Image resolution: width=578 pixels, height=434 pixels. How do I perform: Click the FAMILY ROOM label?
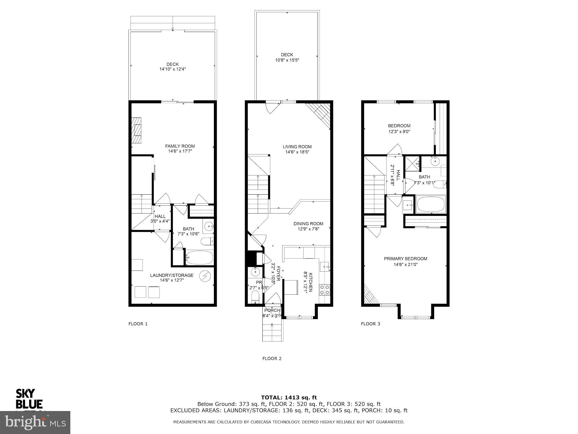[x=180, y=146]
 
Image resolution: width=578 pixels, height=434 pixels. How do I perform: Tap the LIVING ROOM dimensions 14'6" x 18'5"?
[x=297, y=152]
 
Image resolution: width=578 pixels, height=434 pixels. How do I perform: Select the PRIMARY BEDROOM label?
[x=405, y=259]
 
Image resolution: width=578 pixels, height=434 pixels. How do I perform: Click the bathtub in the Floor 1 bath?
[x=199, y=258]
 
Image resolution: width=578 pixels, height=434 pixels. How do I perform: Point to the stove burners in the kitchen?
[x=325, y=289]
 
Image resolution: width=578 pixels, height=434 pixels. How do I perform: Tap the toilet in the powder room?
[x=255, y=298]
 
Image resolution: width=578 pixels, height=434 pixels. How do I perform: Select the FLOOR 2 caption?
[x=272, y=358]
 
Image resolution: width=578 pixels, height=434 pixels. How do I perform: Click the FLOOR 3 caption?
[x=370, y=324]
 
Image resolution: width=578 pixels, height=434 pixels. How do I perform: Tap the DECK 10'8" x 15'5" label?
[x=287, y=57]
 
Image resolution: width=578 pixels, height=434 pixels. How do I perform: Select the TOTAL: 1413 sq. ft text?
[x=289, y=397]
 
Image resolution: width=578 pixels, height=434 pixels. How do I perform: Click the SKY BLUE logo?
[x=29, y=399]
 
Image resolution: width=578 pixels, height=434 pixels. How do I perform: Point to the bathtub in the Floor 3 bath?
[x=431, y=204]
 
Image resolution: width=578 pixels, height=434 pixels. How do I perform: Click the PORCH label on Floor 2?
[x=272, y=310]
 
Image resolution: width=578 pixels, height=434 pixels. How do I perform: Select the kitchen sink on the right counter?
[x=325, y=267]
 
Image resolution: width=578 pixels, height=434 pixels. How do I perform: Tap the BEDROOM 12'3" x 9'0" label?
[x=399, y=128]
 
